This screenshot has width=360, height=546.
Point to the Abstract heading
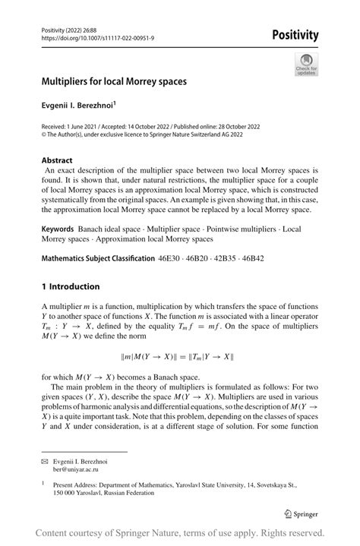coord(58,161)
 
